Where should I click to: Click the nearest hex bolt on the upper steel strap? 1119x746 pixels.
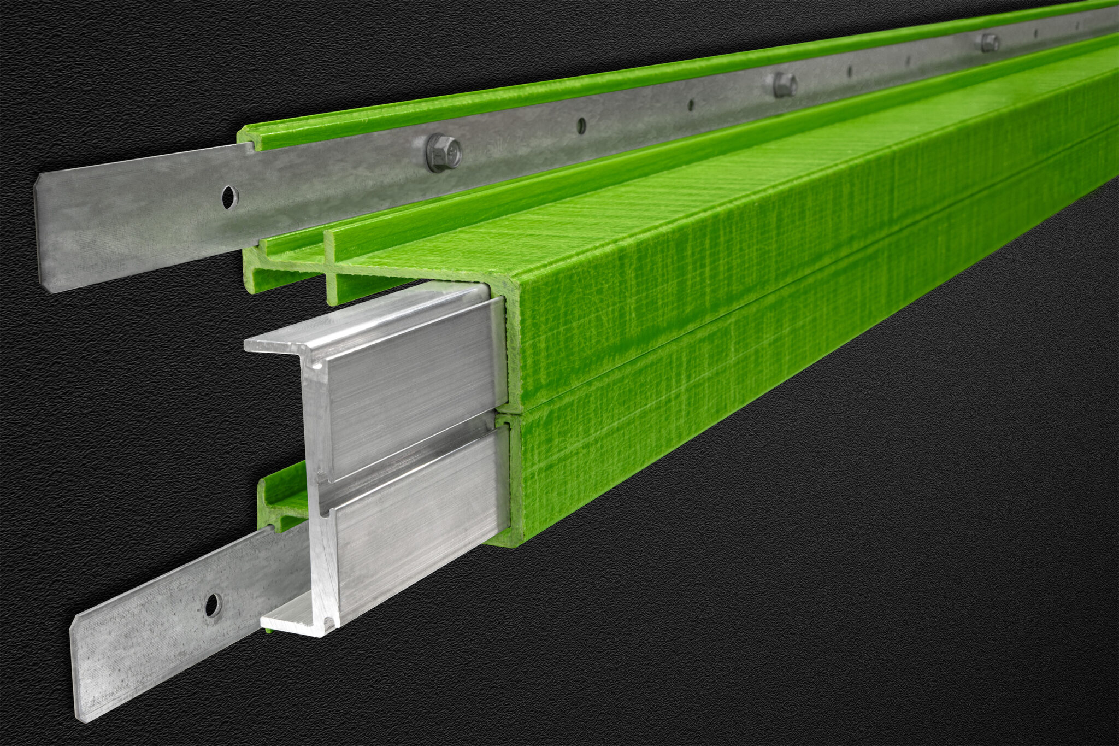pos(443,152)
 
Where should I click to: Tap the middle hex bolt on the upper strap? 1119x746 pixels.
pos(785,85)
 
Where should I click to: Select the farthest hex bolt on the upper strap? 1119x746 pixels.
pos(990,42)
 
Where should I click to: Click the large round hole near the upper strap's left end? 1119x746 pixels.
pos(230,197)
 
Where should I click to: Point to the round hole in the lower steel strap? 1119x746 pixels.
pos(213,605)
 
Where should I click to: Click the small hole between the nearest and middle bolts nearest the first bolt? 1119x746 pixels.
pos(581,125)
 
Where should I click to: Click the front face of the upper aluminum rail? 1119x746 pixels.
pos(415,377)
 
